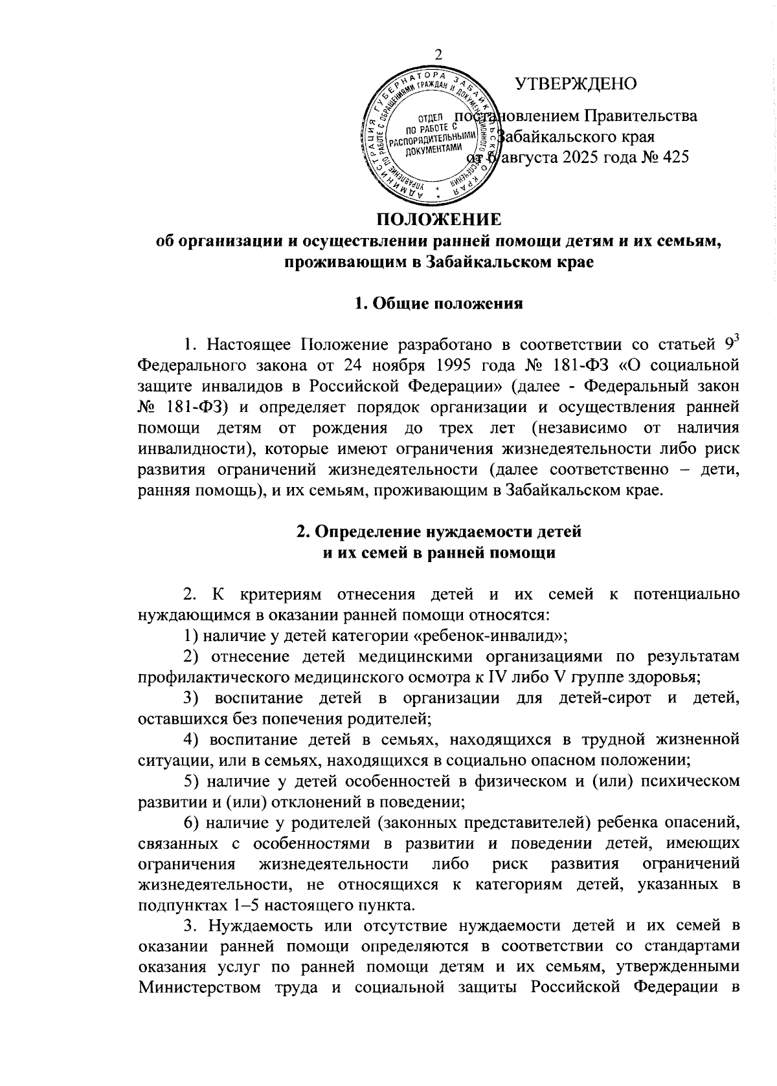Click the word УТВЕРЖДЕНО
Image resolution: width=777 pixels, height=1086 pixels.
576,83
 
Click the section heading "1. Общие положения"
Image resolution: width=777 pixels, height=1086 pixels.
438,303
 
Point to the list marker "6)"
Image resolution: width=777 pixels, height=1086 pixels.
190,822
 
